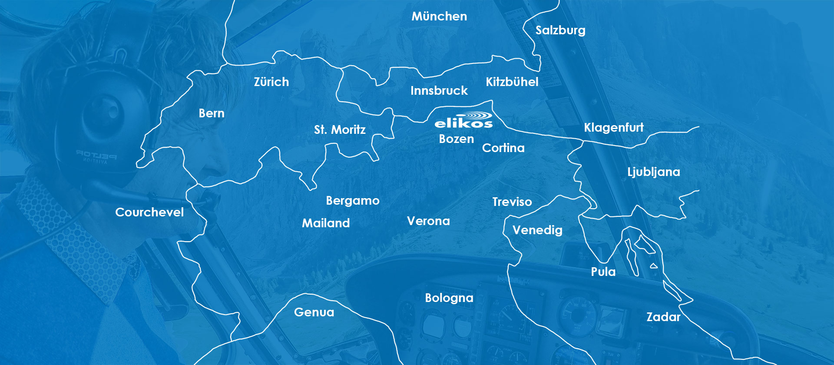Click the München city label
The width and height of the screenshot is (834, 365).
click(x=439, y=17)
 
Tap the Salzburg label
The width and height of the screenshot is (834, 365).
click(x=560, y=30)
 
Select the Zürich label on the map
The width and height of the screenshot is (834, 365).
click(x=271, y=82)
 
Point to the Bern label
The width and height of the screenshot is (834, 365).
click(x=212, y=113)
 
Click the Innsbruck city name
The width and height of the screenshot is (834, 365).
click(x=439, y=90)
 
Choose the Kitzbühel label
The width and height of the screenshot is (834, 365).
click(x=512, y=82)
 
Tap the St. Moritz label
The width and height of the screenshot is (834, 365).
click(x=340, y=129)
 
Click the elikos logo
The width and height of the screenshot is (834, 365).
click(x=463, y=120)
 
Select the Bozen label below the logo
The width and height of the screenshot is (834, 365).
click(x=457, y=139)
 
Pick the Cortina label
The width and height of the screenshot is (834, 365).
click(x=503, y=148)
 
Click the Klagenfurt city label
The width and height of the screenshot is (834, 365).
click(x=614, y=127)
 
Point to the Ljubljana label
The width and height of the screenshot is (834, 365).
click(x=654, y=172)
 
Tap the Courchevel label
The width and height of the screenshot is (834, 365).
click(x=149, y=212)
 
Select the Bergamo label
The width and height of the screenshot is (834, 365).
click(x=353, y=201)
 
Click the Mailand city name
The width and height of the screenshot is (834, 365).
click(x=326, y=223)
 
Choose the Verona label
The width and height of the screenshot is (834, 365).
click(x=428, y=221)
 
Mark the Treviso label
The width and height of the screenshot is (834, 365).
click(x=512, y=202)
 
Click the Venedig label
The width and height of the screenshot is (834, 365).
click(x=537, y=230)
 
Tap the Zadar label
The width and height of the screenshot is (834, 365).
click(x=663, y=317)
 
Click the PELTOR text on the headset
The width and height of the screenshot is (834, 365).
click(x=96, y=155)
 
